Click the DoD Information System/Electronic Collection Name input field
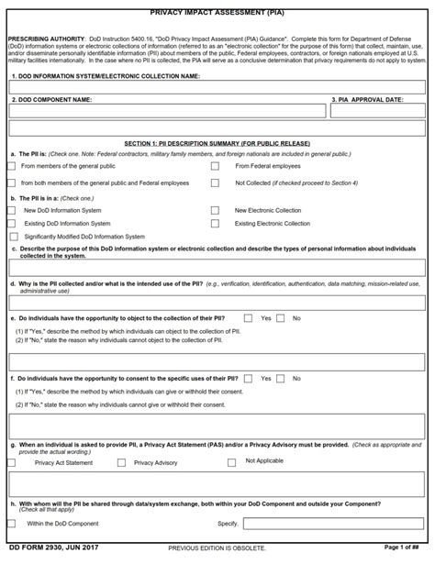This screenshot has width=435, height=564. click(217, 87)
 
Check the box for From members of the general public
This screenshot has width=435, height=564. click(11, 167)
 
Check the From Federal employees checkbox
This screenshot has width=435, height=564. click(215, 167)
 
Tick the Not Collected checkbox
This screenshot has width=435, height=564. click(215, 182)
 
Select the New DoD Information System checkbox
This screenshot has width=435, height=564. click(11, 210)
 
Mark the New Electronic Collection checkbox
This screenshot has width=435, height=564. click(215, 210)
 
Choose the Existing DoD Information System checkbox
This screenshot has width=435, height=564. click(11, 223)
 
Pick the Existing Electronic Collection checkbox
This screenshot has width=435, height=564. click(215, 223)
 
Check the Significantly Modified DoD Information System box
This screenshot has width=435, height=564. click(11, 236)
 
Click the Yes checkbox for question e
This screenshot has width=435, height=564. click(252, 317)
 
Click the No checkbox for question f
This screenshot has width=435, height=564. click(284, 378)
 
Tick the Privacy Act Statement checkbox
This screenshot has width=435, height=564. click(24, 462)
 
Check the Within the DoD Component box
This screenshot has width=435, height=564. click(11, 524)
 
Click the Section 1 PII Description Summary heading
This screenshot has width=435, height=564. click(217, 144)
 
